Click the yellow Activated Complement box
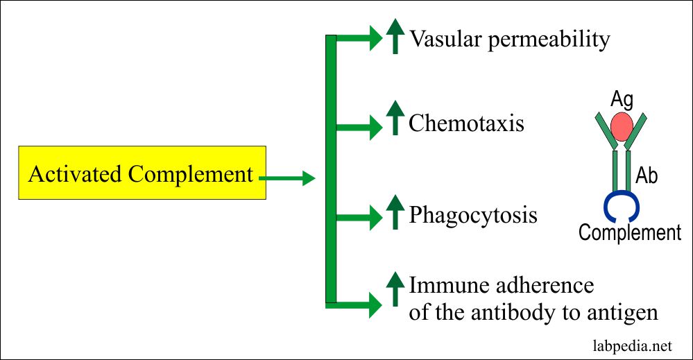(142, 173)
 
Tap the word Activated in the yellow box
(76, 173)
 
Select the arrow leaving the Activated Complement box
(286, 178)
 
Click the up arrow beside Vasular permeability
(395, 37)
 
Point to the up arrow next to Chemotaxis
(395, 118)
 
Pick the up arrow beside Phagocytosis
(395, 212)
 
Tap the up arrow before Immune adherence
(395, 289)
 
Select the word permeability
(549, 40)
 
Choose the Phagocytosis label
(473, 216)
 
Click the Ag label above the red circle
(622, 101)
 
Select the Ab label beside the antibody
(647, 175)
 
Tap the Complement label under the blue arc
(630, 232)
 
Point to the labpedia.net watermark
(633, 346)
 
